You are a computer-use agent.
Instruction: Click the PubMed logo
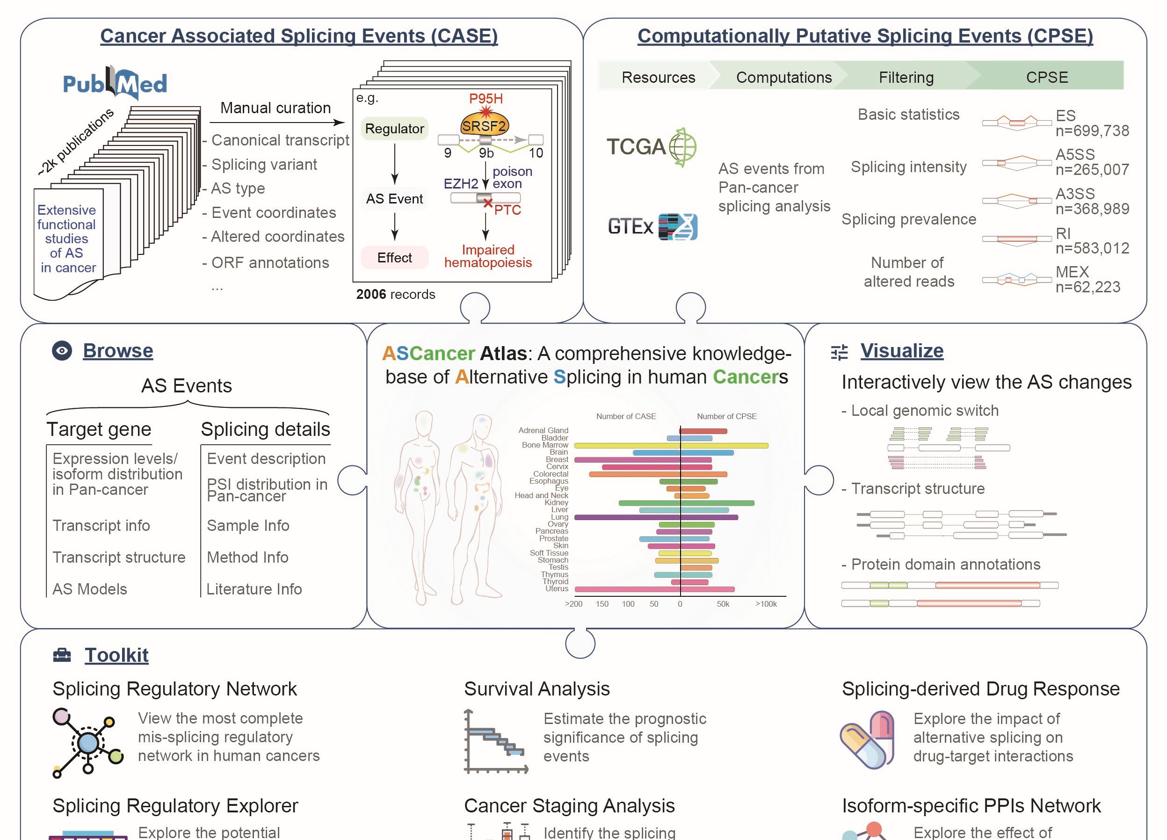(x=115, y=83)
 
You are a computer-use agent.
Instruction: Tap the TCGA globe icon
(x=682, y=147)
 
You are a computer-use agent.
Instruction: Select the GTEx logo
(x=652, y=226)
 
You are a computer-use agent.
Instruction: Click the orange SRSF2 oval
(x=484, y=125)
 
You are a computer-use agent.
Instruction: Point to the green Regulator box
(x=394, y=129)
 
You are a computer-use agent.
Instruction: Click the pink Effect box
(x=394, y=258)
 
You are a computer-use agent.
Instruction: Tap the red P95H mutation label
(x=486, y=98)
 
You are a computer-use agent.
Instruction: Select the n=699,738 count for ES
(x=1092, y=131)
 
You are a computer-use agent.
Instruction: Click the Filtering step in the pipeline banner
(x=906, y=77)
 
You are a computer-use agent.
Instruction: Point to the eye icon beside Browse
(x=62, y=351)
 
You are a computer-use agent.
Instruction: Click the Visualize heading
(x=901, y=351)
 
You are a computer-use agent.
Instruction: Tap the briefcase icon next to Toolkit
(x=62, y=655)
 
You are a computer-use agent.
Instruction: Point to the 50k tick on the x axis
(x=723, y=604)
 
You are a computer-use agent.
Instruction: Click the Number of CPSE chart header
(x=726, y=416)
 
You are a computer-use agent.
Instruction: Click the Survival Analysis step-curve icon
(x=495, y=741)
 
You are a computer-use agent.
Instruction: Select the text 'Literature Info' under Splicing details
(x=254, y=589)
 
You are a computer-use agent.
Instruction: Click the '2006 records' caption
(x=395, y=294)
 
